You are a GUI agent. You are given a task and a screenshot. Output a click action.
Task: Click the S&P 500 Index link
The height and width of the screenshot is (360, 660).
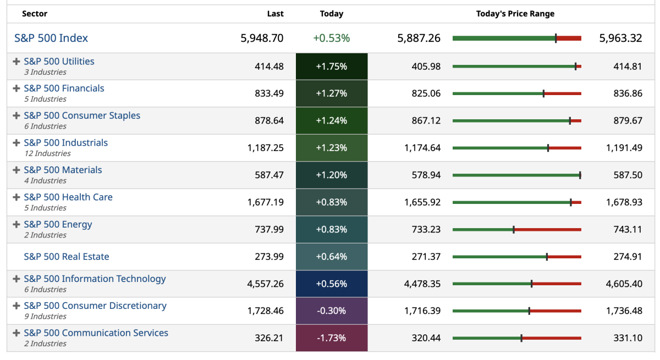(x=51, y=38)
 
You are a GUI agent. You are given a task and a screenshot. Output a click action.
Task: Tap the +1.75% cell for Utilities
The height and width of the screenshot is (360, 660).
(x=331, y=67)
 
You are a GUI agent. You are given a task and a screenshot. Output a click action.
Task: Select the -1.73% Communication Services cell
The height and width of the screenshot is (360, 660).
(x=331, y=338)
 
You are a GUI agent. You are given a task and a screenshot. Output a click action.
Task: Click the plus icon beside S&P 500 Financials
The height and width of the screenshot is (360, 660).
(x=16, y=88)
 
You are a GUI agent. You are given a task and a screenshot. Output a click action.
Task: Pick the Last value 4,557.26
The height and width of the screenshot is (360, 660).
(x=266, y=284)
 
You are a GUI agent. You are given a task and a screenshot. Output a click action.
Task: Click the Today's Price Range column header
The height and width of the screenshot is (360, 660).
(x=515, y=14)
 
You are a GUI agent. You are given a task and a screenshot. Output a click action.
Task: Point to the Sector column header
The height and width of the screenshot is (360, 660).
(x=35, y=14)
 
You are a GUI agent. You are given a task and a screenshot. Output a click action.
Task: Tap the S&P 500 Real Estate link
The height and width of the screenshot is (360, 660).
(x=67, y=257)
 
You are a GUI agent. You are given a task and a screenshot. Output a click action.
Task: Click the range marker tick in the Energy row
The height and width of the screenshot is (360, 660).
(x=514, y=229)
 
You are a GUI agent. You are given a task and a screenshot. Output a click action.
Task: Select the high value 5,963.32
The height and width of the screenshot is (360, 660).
(x=620, y=38)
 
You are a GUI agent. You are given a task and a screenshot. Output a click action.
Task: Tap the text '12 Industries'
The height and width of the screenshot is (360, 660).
(x=48, y=153)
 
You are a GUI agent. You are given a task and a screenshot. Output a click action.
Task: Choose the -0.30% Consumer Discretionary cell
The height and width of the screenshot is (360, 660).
(x=331, y=311)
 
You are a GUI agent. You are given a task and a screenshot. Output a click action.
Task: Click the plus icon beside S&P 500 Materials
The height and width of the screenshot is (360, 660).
(x=16, y=170)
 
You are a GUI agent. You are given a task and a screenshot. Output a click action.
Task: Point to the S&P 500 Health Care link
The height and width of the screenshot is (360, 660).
(x=68, y=197)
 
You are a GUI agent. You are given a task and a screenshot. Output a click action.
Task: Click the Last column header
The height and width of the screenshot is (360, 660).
(x=275, y=14)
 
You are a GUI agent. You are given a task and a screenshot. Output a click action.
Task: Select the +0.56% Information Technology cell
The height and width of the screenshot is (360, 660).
(x=331, y=284)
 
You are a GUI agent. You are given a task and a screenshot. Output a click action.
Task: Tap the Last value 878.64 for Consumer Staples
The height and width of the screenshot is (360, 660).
(x=269, y=120)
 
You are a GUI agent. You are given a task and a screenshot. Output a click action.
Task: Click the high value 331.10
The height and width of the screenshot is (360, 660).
(x=628, y=338)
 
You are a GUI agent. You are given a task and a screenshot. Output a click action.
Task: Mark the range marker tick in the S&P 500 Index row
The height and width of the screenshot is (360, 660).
(x=555, y=38)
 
